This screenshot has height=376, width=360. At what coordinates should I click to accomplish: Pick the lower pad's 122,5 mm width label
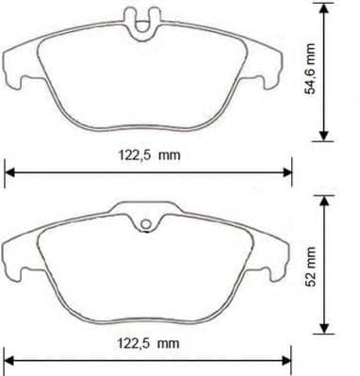click(148, 344)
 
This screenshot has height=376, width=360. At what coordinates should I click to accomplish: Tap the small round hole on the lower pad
click(146, 225)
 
